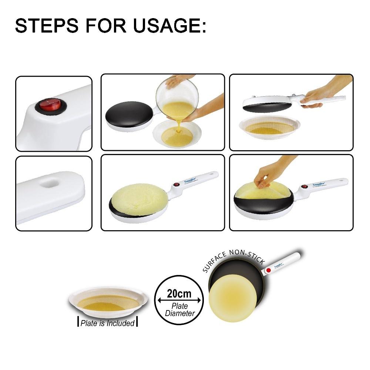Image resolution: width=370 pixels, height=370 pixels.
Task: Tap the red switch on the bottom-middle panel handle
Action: click(x=176, y=184)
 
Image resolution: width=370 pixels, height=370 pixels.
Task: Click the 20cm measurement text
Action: click(x=179, y=294)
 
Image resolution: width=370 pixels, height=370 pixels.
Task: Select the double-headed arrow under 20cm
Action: click(x=179, y=300)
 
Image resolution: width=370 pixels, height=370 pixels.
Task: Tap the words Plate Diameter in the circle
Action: click(x=179, y=310)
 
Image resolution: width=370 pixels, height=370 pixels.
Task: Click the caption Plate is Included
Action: click(x=108, y=323)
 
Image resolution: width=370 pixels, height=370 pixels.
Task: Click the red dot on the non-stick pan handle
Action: click(x=268, y=270)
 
